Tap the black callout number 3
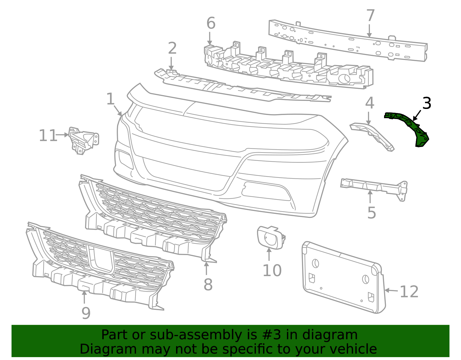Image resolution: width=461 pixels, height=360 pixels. [426, 103]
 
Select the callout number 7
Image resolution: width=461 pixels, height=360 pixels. [371, 16]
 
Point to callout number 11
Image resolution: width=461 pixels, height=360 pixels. [48, 136]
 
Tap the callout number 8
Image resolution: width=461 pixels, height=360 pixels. [208, 285]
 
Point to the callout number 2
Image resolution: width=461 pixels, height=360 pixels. [172, 48]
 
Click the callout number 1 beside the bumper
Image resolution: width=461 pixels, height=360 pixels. [110, 99]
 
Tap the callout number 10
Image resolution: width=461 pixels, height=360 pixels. [272, 270]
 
